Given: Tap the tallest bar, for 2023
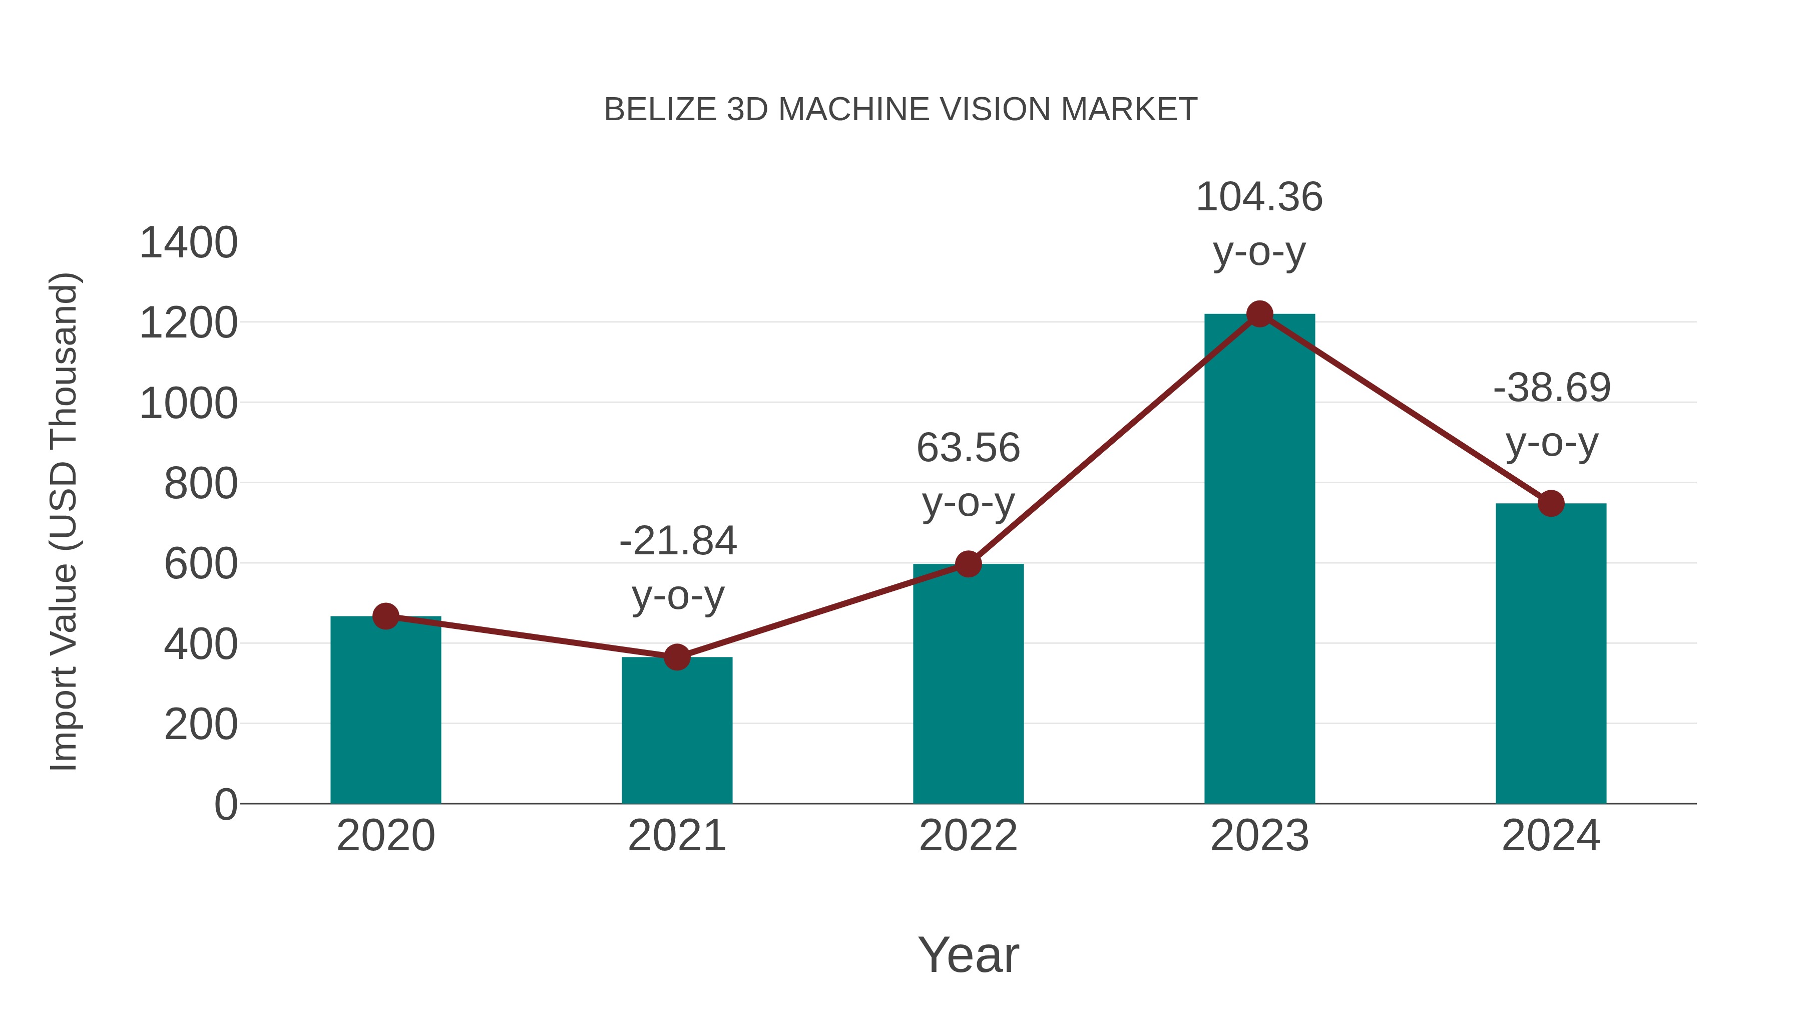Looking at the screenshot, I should (x=1259, y=560).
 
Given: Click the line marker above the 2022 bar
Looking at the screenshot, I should (x=968, y=563).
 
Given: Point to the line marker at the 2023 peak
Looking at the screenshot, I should (x=1259, y=314).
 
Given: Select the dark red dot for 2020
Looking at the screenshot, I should (x=385, y=616).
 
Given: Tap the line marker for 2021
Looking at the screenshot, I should (x=676, y=657).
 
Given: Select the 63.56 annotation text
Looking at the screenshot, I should (x=968, y=448).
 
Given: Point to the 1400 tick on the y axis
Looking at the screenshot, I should (x=189, y=243).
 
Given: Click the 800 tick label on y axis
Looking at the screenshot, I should (x=201, y=484).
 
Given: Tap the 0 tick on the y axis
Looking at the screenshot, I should (x=225, y=805).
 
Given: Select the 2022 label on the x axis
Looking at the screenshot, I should (x=968, y=836).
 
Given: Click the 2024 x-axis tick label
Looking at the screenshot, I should (x=1550, y=836).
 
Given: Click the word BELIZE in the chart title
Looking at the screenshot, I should (x=660, y=110).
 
